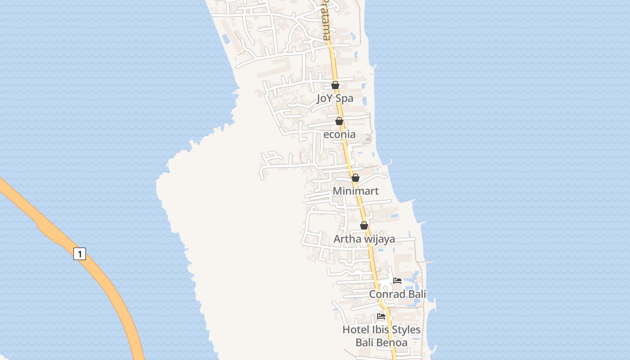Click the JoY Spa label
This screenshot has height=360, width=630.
[335, 98]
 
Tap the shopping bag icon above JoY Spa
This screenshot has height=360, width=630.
[335, 85]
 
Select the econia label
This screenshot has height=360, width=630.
[339, 134]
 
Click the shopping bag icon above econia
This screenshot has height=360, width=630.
[339, 121]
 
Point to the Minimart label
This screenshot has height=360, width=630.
[355, 191]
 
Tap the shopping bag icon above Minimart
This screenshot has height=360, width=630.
[355, 178]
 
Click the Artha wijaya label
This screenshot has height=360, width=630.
[364, 238]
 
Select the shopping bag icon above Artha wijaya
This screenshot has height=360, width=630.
[364, 225]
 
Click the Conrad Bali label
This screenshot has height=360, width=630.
[397, 294]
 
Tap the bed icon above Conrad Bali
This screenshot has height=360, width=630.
[397, 281]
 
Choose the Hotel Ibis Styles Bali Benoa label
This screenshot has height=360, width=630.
[382, 336]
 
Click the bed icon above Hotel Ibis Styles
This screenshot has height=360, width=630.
[381, 316]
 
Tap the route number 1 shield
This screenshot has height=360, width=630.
[80, 254]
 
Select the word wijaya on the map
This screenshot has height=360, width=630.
[379, 239]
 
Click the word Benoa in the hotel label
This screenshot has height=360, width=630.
[394, 342]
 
